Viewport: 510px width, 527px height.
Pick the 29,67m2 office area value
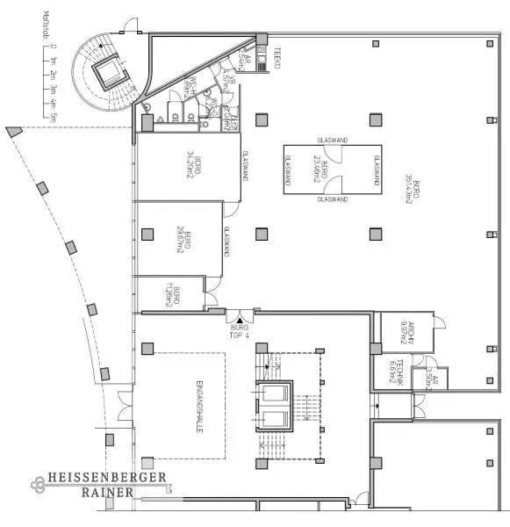(179, 239)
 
